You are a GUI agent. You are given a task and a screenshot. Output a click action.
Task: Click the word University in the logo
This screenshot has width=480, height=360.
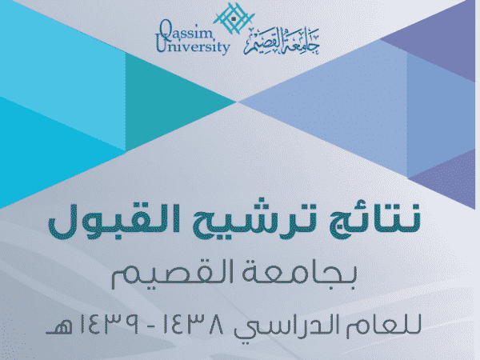coord(193,46)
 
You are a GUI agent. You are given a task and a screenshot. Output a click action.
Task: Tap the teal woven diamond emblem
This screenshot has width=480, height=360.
coord(234,18)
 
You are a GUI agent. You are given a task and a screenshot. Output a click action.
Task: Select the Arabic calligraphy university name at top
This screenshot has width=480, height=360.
coord(282,42)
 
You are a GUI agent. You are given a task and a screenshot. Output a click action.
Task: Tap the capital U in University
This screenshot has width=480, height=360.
coord(161,45)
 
